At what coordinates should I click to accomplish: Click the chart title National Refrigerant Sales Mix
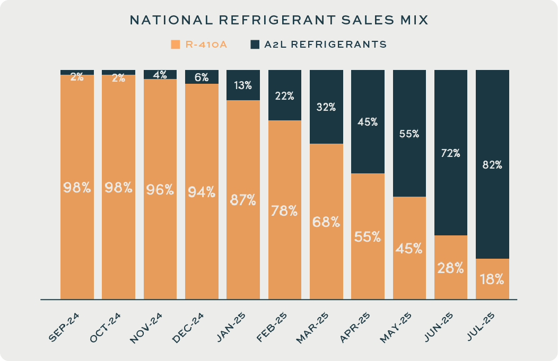tap(279, 20)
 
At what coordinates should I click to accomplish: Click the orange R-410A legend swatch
tap(175, 45)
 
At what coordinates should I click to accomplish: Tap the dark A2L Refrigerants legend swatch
tap(255, 45)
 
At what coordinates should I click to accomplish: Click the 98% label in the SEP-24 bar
tap(77, 188)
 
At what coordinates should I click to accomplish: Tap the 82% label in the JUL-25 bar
tap(492, 165)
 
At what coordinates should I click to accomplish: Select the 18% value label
tap(492, 279)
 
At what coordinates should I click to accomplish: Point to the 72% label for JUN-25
tap(451, 154)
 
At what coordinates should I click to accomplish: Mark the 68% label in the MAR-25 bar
tap(326, 222)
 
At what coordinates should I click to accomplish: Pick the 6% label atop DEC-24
tap(202, 77)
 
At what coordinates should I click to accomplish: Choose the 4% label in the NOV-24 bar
tap(160, 75)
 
